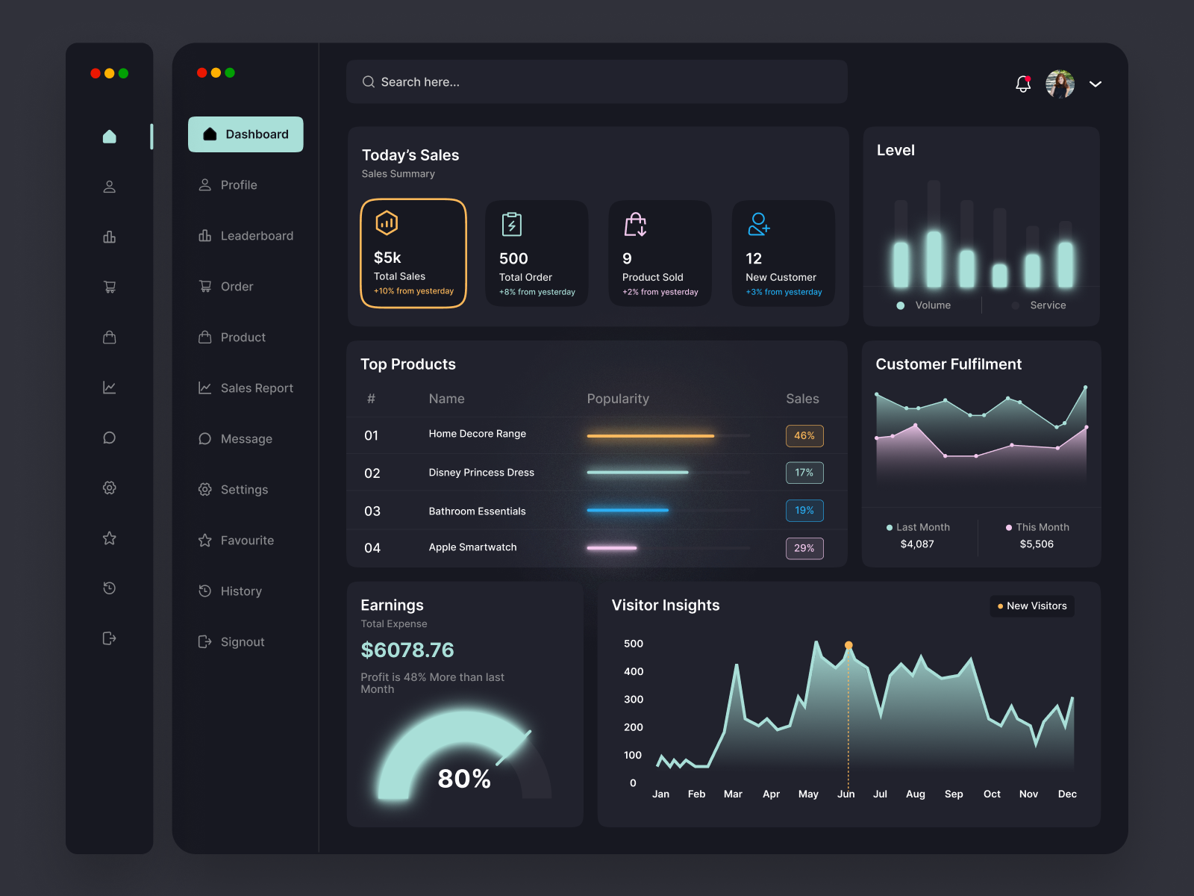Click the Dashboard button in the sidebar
[x=246, y=134]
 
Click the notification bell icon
[x=1023, y=84]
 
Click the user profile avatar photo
[x=1060, y=84]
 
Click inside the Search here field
[x=597, y=82]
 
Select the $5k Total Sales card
[x=413, y=254]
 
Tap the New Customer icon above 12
[x=758, y=224]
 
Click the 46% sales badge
[x=804, y=436]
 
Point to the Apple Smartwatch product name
[x=472, y=547]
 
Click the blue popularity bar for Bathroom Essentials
[x=628, y=510]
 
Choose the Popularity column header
[x=618, y=399]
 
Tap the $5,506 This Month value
[x=1037, y=544]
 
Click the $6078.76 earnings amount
[x=407, y=650]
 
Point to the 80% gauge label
[x=464, y=779]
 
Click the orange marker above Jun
[x=848, y=645]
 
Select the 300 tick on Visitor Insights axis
[x=634, y=700]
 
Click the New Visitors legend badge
[x=1032, y=606]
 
